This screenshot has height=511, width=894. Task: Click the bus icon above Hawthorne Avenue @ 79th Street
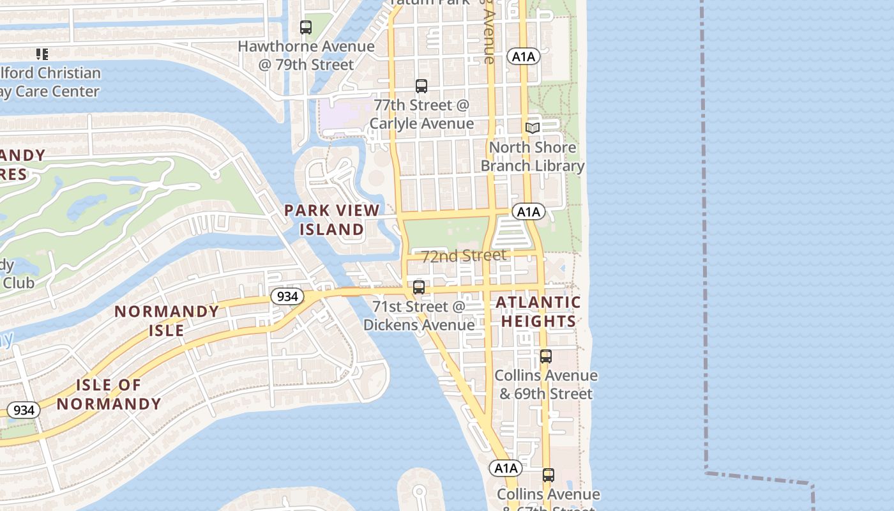click(306, 27)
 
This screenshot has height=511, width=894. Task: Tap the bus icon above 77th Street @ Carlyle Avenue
click(421, 86)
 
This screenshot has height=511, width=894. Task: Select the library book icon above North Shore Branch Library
click(533, 128)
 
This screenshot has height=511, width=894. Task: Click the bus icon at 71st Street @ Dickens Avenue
click(419, 287)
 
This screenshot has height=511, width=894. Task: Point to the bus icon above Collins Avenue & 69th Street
click(546, 356)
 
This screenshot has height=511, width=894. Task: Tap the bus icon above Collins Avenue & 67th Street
click(549, 475)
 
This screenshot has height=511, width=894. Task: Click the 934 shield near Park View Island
click(287, 296)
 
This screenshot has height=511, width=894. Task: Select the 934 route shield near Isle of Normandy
click(24, 410)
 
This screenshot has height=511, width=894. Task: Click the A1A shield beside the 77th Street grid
click(524, 57)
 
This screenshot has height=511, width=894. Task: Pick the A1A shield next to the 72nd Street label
click(529, 212)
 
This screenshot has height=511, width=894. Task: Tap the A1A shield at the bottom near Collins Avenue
click(506, 468)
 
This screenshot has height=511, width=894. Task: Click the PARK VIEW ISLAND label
click(331, 219)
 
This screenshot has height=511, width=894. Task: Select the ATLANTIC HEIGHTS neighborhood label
click(538, 312)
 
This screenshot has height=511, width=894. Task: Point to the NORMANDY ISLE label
click(167, 321)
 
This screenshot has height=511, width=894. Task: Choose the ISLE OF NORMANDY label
click(109, 394)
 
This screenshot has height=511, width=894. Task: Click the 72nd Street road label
click(464, 256)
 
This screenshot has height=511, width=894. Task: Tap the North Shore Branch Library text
click(533, 157)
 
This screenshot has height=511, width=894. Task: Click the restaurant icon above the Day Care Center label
click(42, 54)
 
